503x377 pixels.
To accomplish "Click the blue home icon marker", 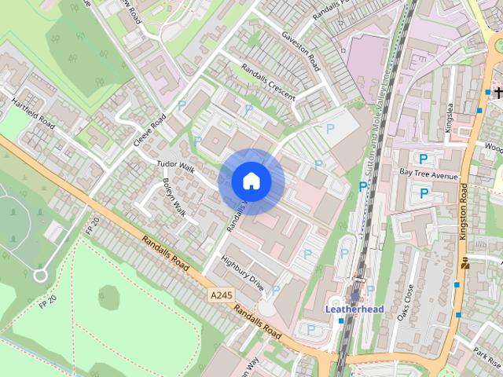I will point(251,181).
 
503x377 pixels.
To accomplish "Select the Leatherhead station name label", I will point(354,309).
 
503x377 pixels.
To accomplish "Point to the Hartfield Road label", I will point(33,114).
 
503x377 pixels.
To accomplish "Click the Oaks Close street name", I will point(406,298).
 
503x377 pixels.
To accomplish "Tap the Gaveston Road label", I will point(302,51).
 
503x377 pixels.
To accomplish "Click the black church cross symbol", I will point(498,93).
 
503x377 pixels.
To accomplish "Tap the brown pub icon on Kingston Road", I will point(464,264).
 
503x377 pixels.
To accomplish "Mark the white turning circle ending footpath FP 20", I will point(40,275).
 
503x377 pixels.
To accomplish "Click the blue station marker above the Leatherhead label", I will point(354,296).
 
